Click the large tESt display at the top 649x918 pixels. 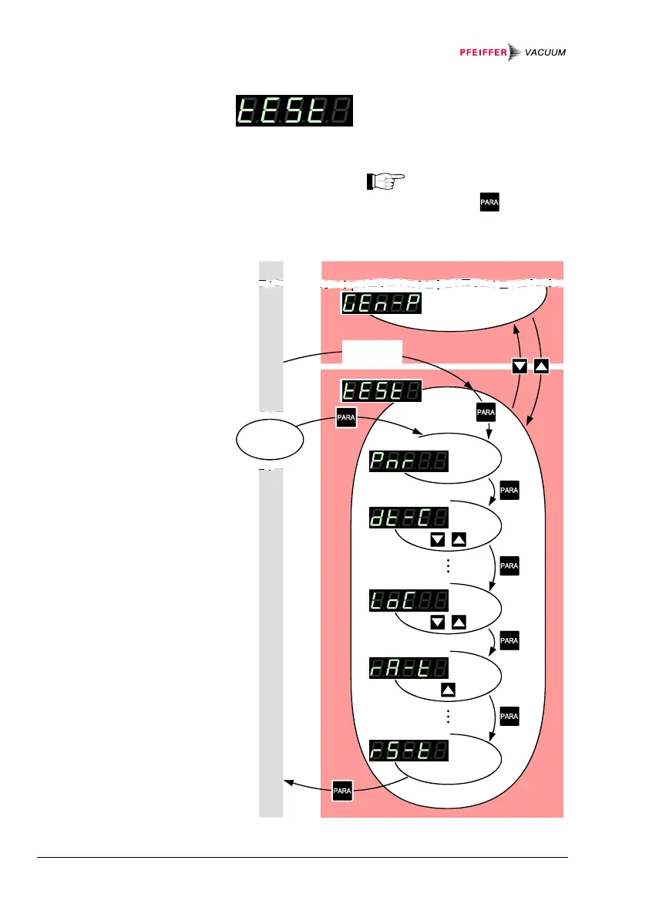[294, 112]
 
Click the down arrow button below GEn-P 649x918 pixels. [520, 366]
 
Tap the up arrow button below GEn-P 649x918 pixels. [541, 366]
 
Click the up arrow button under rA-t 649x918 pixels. [448, 690]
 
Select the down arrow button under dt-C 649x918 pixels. [438, 540]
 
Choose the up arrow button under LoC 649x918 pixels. [458, 623]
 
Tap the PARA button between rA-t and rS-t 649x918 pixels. [509, 717]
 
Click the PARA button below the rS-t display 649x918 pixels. [342, 791]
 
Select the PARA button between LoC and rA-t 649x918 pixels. [509, 640]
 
